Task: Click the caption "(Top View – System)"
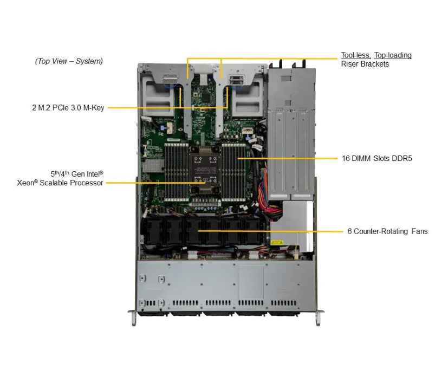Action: (x=69, y=61)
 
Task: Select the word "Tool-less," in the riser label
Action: (x=355, y=55)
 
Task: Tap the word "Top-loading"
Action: (x=393, y=55)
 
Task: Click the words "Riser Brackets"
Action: (x=365, y=64)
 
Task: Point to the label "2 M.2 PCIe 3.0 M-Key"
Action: (x=68, y=108)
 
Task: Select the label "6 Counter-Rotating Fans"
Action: (x=387, y=231)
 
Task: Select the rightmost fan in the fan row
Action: (x=252, y=230)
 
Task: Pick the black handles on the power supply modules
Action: (x=292, y=64)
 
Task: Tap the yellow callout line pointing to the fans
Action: (x=298, y=231)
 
